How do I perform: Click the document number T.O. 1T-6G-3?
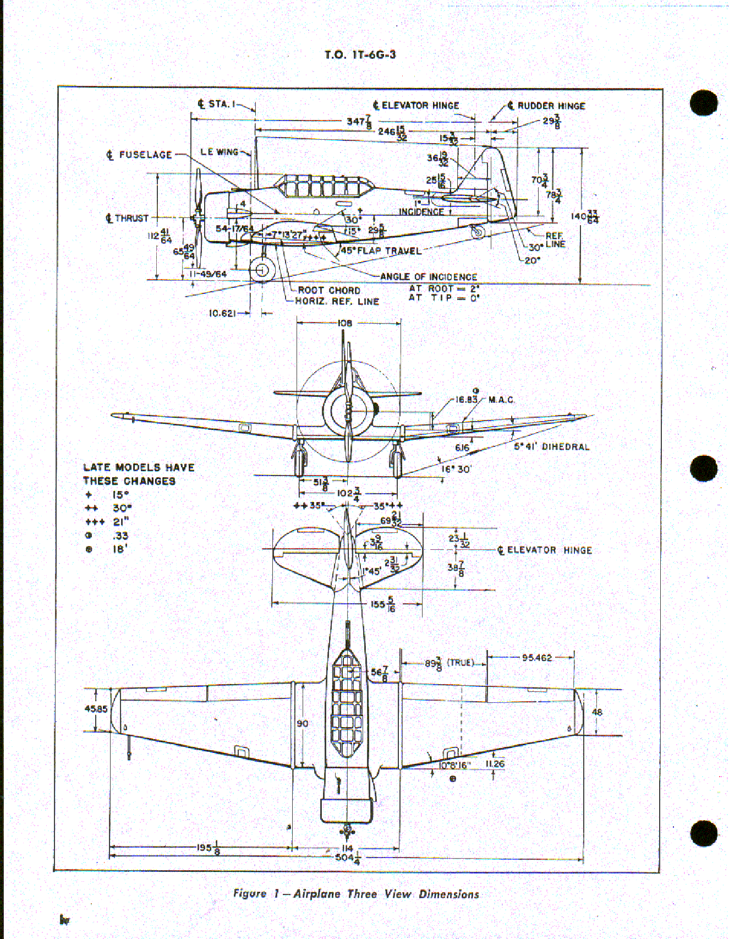coord(360,54)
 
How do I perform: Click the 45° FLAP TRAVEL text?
coord(381,251)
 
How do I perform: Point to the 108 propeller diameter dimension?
coord(345,323)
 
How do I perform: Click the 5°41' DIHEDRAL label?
coord(551,446)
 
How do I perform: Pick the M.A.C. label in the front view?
coord(501,400)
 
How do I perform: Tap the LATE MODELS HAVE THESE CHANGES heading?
coord(138,474)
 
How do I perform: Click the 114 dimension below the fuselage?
coord(347,848)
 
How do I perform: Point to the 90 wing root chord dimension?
coord(303,723)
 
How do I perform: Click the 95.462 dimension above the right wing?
coord(536,657)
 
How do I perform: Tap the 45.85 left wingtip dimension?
coord(96,709)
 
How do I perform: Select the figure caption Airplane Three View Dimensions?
coord(356,893)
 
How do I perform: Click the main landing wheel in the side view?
coord(262,270)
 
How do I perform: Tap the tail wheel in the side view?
coord(478,232)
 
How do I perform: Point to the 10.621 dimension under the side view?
coord(223,313)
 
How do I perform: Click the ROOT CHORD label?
coord(329,290)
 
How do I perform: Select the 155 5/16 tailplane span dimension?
coord(382,604)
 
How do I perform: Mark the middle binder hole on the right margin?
coord(704,469)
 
